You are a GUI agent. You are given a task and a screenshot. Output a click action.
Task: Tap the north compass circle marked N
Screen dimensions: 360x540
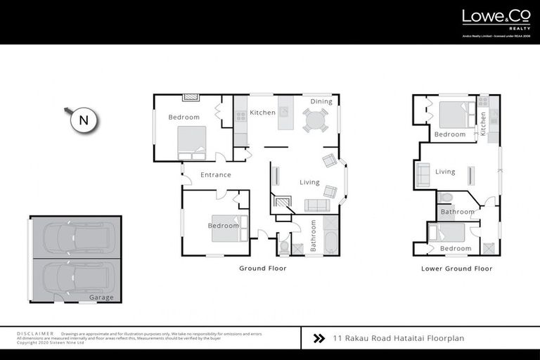click(x=84, y=120)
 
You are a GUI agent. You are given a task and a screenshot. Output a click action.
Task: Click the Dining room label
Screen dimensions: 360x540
click(x=321, y=102)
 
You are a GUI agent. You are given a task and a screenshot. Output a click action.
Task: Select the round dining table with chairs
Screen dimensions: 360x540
click(x=315, y=120)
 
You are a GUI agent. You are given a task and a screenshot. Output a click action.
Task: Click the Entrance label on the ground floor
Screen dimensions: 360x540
click(x=216, y=175)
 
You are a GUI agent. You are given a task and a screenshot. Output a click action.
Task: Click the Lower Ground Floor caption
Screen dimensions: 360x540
click(x=456, y=268)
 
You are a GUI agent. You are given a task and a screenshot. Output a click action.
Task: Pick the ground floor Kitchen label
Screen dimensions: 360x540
click(x=263, y=112)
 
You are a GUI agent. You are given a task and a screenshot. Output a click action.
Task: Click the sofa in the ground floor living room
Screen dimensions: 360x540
click(x=316, y=205)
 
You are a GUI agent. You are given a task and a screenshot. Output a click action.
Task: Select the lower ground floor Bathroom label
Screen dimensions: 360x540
click(x=458, y=212)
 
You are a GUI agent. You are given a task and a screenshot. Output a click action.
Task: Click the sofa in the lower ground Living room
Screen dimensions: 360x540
click(x=423, y=174)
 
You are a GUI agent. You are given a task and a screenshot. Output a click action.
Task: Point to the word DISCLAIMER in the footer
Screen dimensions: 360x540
click(x=35, y=333)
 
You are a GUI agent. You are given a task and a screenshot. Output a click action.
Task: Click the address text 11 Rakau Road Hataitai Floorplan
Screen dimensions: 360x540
click(x=399, y=339)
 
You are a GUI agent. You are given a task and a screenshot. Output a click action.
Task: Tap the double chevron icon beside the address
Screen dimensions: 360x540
click(x=319, y=339)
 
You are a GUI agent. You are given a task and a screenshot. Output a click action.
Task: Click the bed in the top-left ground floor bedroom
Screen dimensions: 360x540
click(x=191, y=141)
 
